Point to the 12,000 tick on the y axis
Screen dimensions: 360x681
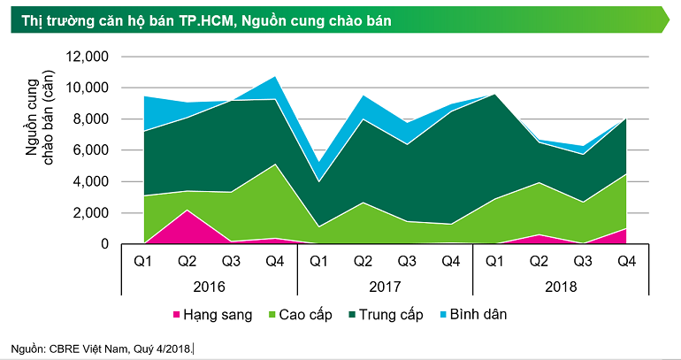(87, 57)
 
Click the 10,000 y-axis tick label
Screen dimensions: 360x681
(87, 88)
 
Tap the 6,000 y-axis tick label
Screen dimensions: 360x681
(90, 150)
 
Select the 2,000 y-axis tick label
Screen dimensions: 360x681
(90, 213)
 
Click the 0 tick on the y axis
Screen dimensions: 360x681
(103, 244)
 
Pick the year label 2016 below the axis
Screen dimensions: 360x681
(208, 287)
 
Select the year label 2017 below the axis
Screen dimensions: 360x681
(385, 287)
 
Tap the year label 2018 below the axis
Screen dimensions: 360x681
(561, 287)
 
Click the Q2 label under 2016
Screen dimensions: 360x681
(186, 261)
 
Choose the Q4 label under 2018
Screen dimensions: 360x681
(627, 261)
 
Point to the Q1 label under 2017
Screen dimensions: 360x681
(318, 261)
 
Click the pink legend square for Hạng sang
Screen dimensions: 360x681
(175, 315)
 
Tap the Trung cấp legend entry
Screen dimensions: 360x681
(397, 315)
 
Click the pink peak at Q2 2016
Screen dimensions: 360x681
(186, 211)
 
